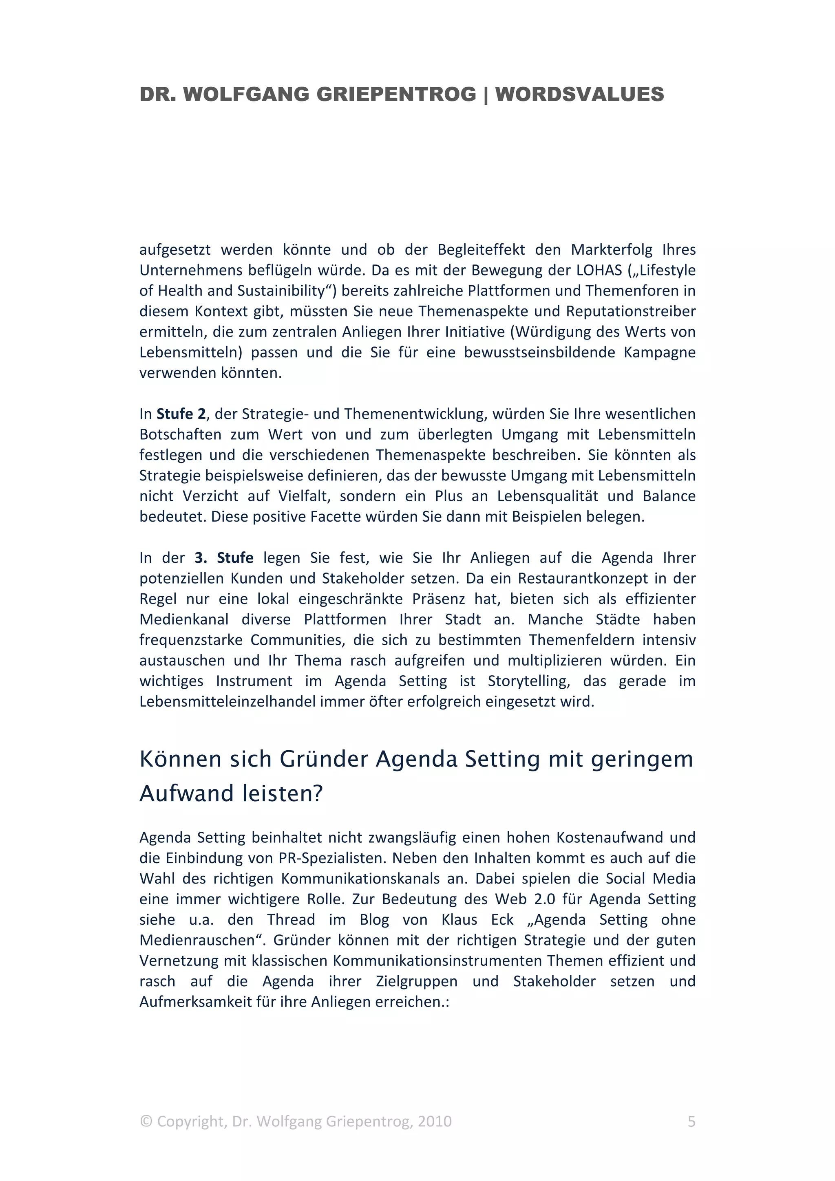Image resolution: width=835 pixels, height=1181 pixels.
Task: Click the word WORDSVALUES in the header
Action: (x=579, y=95)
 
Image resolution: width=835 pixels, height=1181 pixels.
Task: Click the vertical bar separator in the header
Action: (x=486, y=95)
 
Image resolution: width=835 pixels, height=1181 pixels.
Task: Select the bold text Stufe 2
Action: (x=181, y=414)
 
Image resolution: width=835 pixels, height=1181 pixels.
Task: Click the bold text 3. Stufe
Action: (x=224, y=558)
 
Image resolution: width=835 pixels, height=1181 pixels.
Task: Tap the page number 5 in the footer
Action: (x=691, y=1136)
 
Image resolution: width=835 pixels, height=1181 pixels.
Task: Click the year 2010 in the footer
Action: (x=434, y=1136)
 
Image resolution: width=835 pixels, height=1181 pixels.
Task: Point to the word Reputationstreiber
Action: (x=631, y=311)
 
